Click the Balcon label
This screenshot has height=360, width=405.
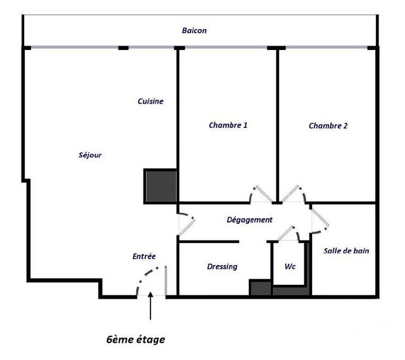coord(194,30)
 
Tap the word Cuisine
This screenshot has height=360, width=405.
coord(151,101)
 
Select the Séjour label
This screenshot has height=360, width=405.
coord(90,155)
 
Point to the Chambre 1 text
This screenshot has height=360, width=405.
coord(228,125)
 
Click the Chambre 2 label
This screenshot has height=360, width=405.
coord(328,126)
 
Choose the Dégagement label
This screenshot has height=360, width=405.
coord(249,220)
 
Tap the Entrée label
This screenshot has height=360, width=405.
coord(144,256)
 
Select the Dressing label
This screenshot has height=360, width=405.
coord(222,266)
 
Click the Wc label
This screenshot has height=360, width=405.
coord(290,266)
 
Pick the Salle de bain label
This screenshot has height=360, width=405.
coord(346,251)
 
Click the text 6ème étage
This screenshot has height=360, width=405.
coord(135,339)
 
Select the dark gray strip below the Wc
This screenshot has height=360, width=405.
coord(291,291)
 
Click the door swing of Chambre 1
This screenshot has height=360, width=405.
coord(260,194)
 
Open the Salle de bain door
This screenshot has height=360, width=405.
coord(319,219)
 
